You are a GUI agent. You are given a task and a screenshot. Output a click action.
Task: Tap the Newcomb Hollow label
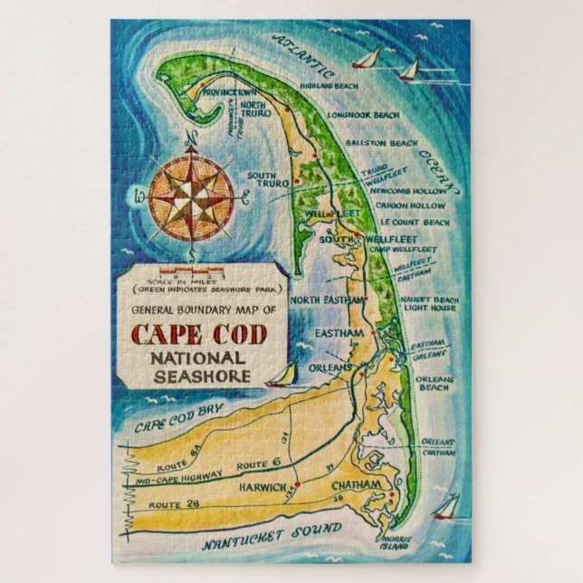point(399,191)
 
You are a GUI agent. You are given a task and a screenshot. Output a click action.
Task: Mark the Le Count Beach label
point(415,222)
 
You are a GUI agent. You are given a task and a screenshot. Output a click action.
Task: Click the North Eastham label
point(328,301)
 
